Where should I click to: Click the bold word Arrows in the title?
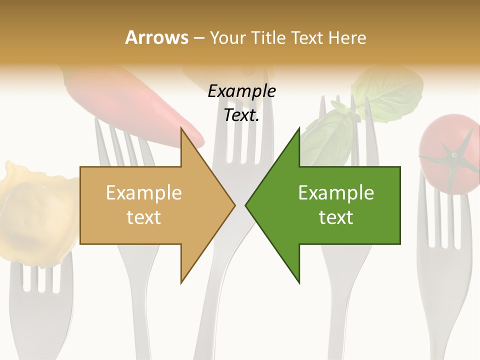tap(156, 37)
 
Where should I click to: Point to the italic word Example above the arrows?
tap(241, 91)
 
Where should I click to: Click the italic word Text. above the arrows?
tap(241, 115)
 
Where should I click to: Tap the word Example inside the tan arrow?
tap(143, 192)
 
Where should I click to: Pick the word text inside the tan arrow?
tap(143, 217)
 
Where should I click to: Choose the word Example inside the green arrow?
tap(336, 192)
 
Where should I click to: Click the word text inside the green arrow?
tap(336, 217)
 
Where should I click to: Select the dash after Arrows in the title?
tap(198, 38)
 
